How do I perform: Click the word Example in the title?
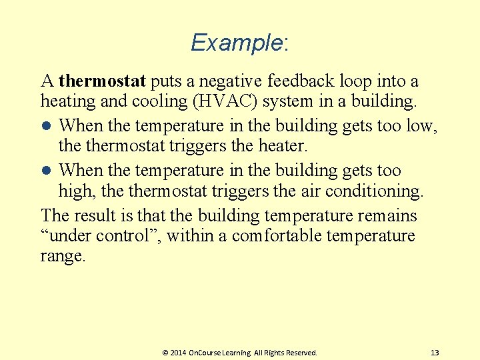(236, 43)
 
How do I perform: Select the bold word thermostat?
(102, 81)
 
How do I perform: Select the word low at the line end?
(422, 125)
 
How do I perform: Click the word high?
(75, 191)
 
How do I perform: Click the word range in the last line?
(63, 257)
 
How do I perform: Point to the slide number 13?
(435, 352)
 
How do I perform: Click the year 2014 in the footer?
(178, 352)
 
